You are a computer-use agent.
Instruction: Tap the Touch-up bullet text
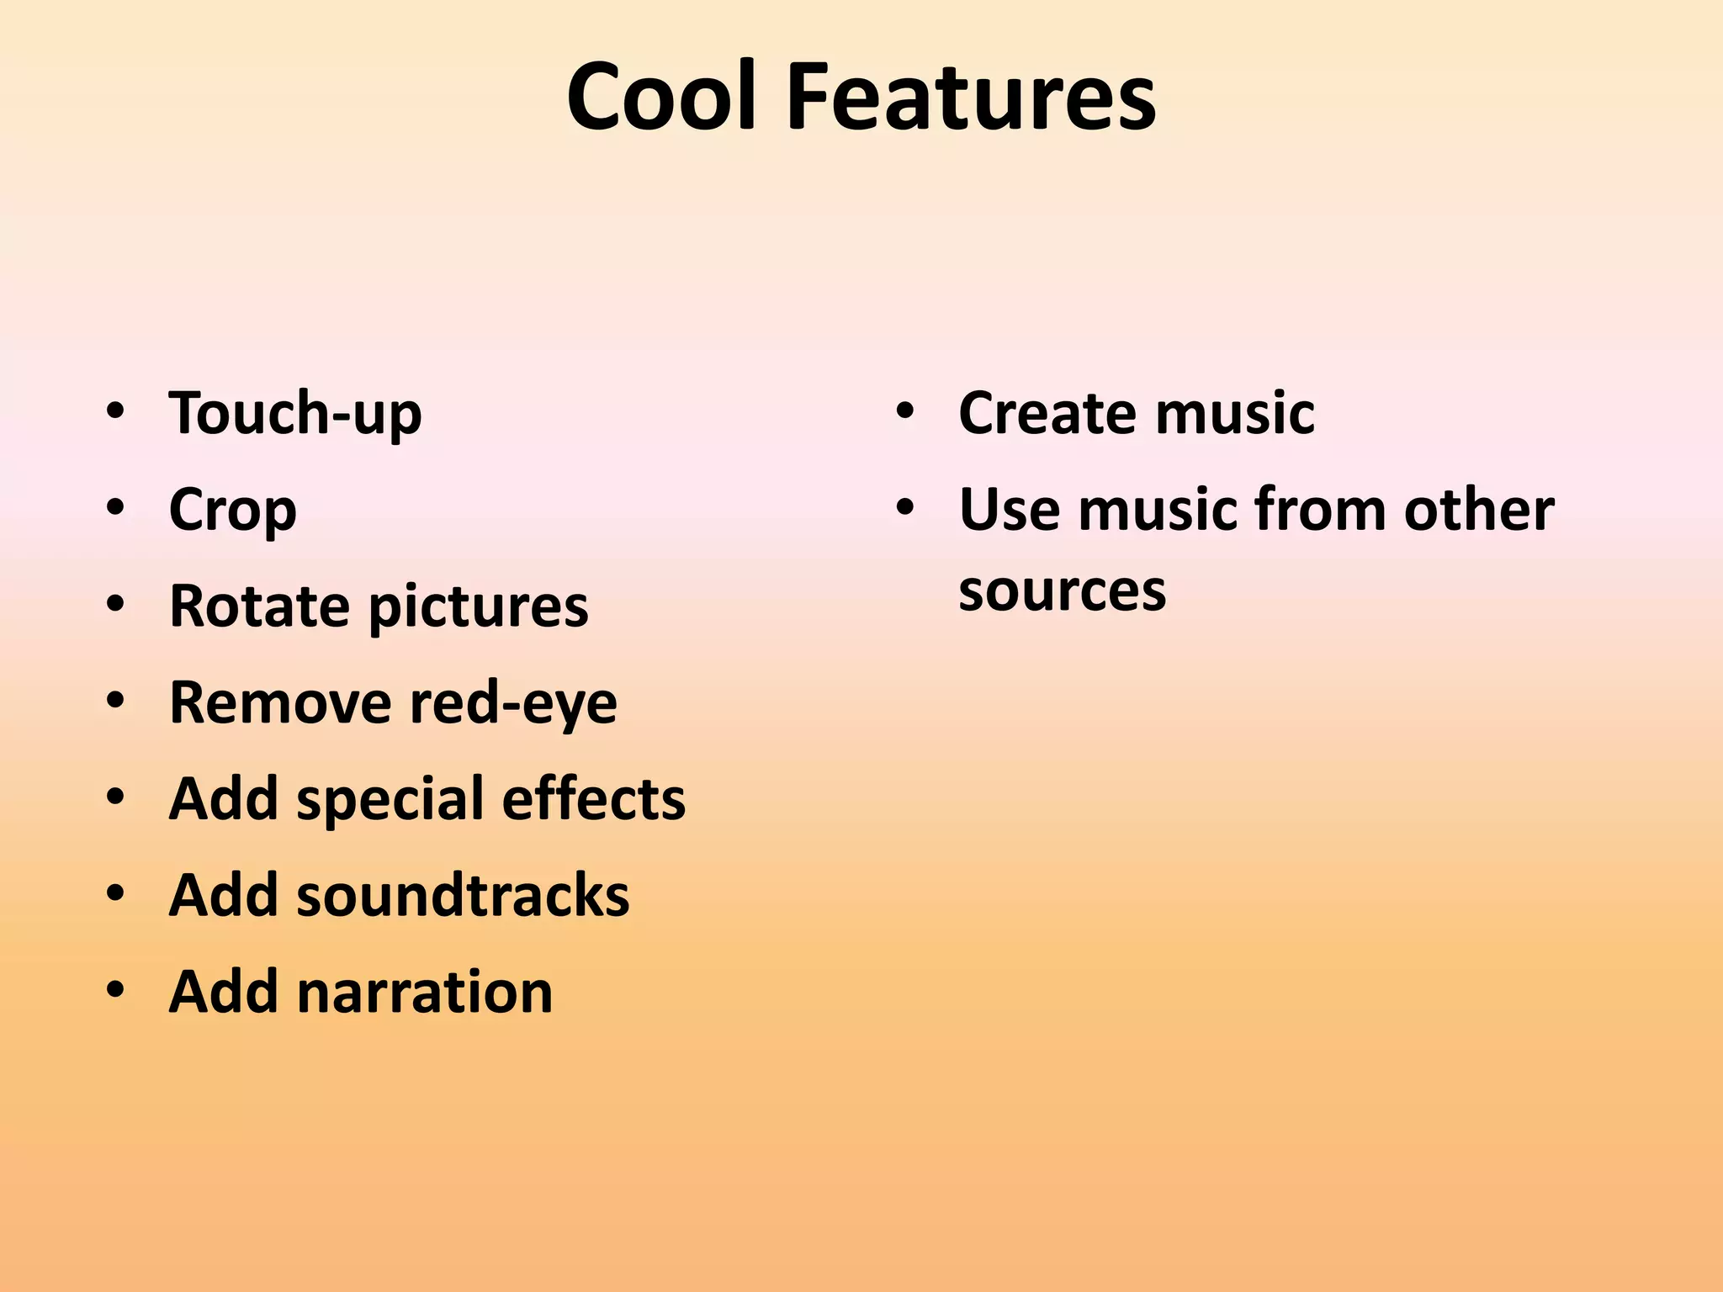295,413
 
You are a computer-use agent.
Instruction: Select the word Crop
233,510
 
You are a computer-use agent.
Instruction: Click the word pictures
479,607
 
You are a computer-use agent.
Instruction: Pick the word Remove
279,702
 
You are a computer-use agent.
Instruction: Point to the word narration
425,991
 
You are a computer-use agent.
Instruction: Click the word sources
1063,590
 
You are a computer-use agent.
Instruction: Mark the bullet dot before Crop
115,507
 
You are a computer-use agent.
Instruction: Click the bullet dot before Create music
905,411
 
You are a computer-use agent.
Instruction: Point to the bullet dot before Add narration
115,989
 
